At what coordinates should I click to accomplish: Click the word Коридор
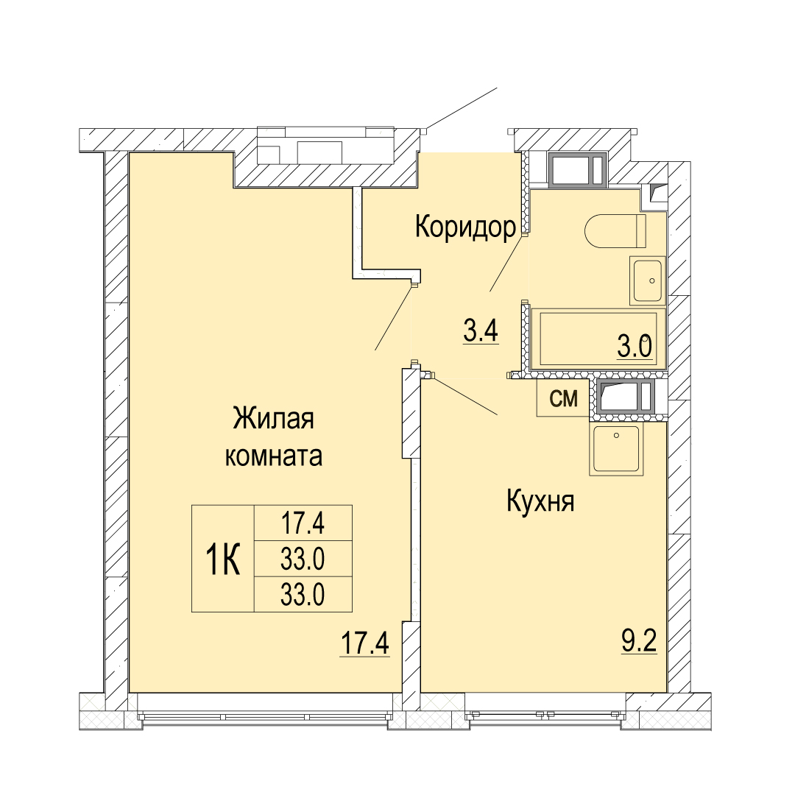(465, 227)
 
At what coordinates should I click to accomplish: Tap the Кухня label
(540, 502)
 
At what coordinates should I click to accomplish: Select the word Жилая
(273, 420)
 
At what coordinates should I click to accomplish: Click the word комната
(273, 456)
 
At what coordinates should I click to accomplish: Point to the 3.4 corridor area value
(481, 331)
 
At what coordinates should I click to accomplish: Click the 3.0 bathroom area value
(635, 347)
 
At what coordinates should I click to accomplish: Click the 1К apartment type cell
(222, 558)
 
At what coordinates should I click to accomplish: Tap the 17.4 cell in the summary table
(303, 523)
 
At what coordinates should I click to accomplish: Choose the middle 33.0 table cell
(303, 559)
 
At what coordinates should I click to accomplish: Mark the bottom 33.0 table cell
(303, 594)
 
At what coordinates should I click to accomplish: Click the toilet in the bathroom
(615, 231)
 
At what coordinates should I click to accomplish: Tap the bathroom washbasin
(647, 280)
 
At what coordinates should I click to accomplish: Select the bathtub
(598, 339)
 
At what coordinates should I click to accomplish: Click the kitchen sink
(616, 451)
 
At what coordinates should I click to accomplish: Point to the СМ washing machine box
(564, 398)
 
